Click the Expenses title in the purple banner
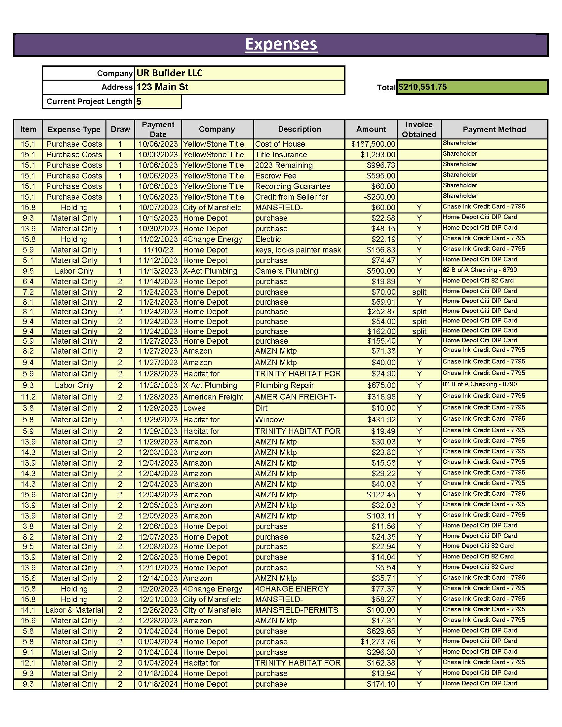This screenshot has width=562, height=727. tap(281, 44)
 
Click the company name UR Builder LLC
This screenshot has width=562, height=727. tap(170, 73)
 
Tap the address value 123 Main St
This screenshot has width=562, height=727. tap(162, 87)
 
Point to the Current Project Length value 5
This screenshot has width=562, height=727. tap(139, 101)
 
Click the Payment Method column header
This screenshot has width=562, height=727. tap(494, 129)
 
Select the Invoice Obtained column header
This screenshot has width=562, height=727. tap(419, 129)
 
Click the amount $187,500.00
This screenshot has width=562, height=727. tap(373, 144)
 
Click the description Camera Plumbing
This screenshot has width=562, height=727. tap(286, 271)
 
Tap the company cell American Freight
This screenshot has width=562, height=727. tap(213, 397)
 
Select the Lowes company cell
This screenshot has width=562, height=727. tap(194, 408)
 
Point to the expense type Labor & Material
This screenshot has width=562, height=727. tap(74, 610)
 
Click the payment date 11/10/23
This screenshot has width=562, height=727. tap(158, 250)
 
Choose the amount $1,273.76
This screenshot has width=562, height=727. tap(378, 641)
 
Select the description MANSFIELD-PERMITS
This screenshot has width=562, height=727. tap(296, 610)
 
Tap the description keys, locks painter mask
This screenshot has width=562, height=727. tap(298, 250)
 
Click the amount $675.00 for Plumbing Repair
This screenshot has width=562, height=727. tap(381, 385)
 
